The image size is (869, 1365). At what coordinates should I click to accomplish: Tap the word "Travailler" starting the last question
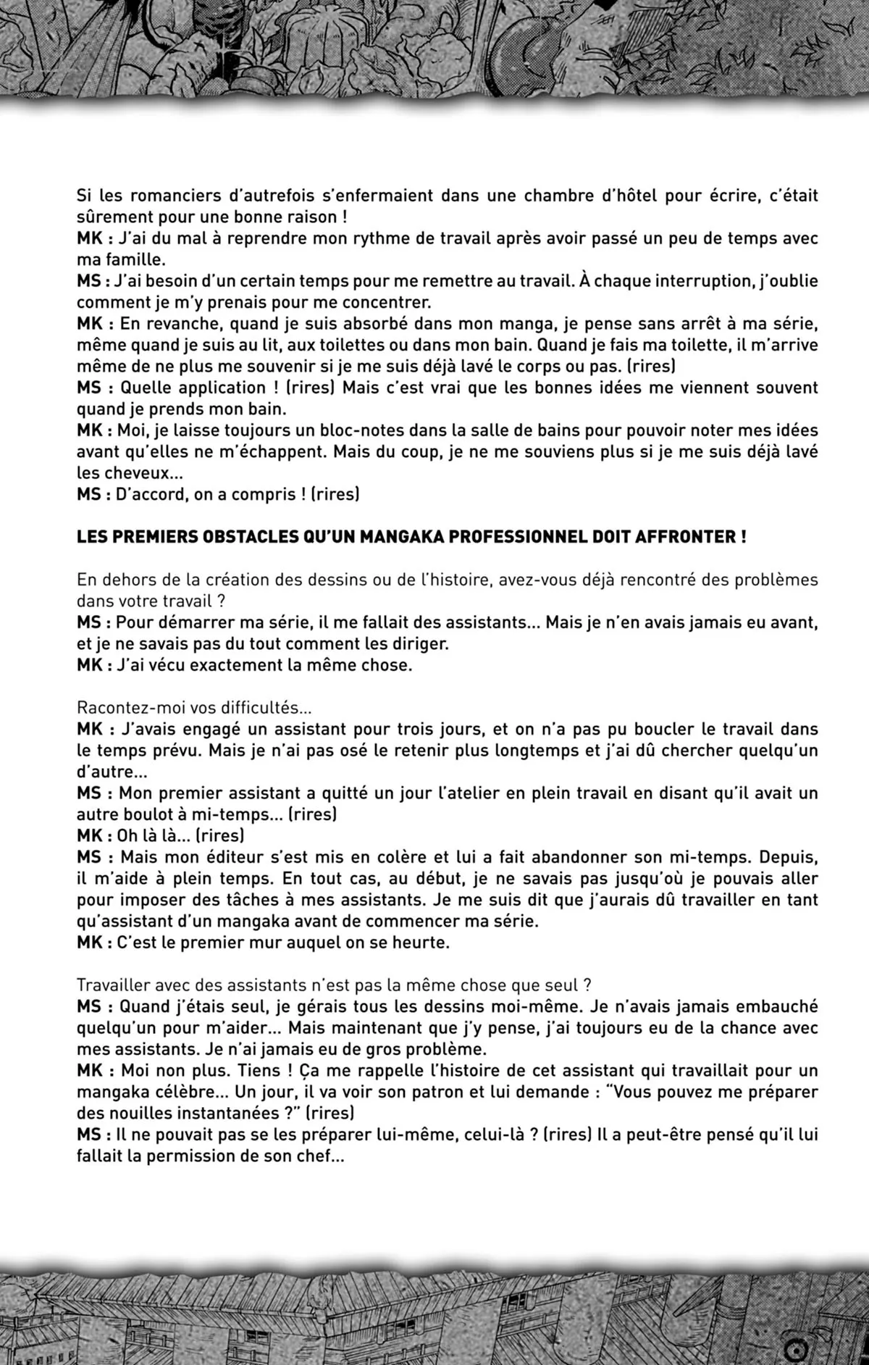point(115,985)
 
